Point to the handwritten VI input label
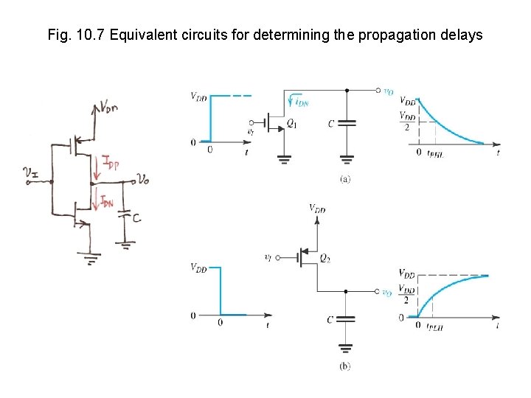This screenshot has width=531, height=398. tap(31, 174)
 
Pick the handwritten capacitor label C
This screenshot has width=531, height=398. tap(137, 218)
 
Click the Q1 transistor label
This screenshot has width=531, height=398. tap(292, 122)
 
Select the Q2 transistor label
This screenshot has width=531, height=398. tap(324, 258)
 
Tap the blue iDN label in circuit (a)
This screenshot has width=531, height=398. tap(299, 102)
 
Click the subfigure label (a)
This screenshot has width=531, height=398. tap(344, 179)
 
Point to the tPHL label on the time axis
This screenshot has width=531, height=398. tap(436, 153)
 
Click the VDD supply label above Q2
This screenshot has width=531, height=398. tap(317, 209)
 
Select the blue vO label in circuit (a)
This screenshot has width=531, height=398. tap(388, 91)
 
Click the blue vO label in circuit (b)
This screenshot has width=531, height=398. tap(387, 293)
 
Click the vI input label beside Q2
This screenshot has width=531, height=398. tap(270, 257)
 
